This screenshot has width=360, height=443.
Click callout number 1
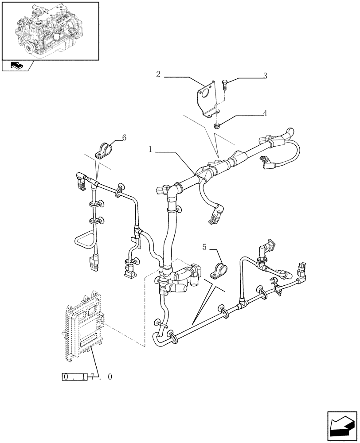[151, 151]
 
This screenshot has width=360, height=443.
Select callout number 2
[158, 74]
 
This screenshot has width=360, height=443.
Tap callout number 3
[265, 76]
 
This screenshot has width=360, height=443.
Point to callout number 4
[265, 113]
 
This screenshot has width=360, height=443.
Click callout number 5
[204, 247]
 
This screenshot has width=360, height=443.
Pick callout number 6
[124, 138]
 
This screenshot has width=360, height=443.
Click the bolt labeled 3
[225, 83]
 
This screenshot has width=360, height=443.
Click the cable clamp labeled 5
[219, 270]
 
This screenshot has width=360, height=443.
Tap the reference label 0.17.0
[87, 377]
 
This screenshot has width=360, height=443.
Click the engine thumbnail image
[50, 30]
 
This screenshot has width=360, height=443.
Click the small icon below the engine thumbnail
[18, 66]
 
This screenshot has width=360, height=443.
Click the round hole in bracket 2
[204, 94]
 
